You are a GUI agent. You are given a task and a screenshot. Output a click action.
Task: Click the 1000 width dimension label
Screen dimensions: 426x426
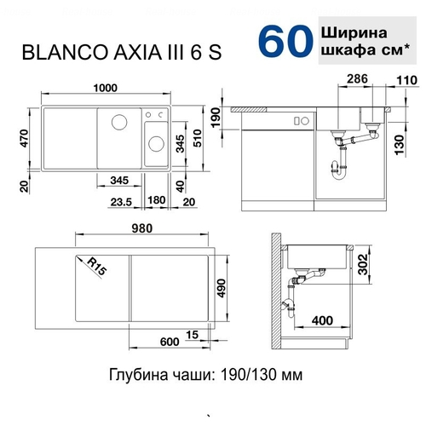coord(106,88)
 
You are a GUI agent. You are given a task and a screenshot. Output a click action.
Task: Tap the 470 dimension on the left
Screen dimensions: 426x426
coord(25,138)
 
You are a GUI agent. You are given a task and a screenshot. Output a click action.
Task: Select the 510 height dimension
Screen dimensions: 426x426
coord(197,138)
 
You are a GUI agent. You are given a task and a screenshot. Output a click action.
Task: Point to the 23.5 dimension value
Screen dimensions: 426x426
coord(121,202)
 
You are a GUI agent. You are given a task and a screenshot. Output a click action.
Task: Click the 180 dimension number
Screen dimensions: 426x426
coord(157,200)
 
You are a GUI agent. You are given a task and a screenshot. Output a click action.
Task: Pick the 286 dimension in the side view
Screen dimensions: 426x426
coord(357,79)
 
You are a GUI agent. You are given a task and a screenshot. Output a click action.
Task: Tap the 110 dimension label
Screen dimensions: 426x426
coord(406,80)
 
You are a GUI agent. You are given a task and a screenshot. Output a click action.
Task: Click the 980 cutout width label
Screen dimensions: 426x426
coord(141,228)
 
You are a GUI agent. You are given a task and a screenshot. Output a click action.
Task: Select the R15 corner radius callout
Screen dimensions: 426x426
coord(96,267)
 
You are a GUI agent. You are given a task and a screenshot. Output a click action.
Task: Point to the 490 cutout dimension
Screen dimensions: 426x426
coord(221,289)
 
